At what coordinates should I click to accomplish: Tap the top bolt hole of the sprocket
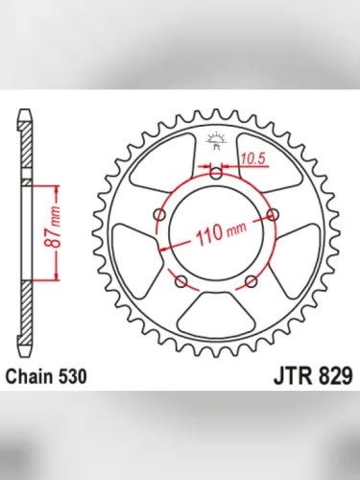coord(216,174)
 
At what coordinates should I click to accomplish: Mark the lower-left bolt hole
coord(180,280)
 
